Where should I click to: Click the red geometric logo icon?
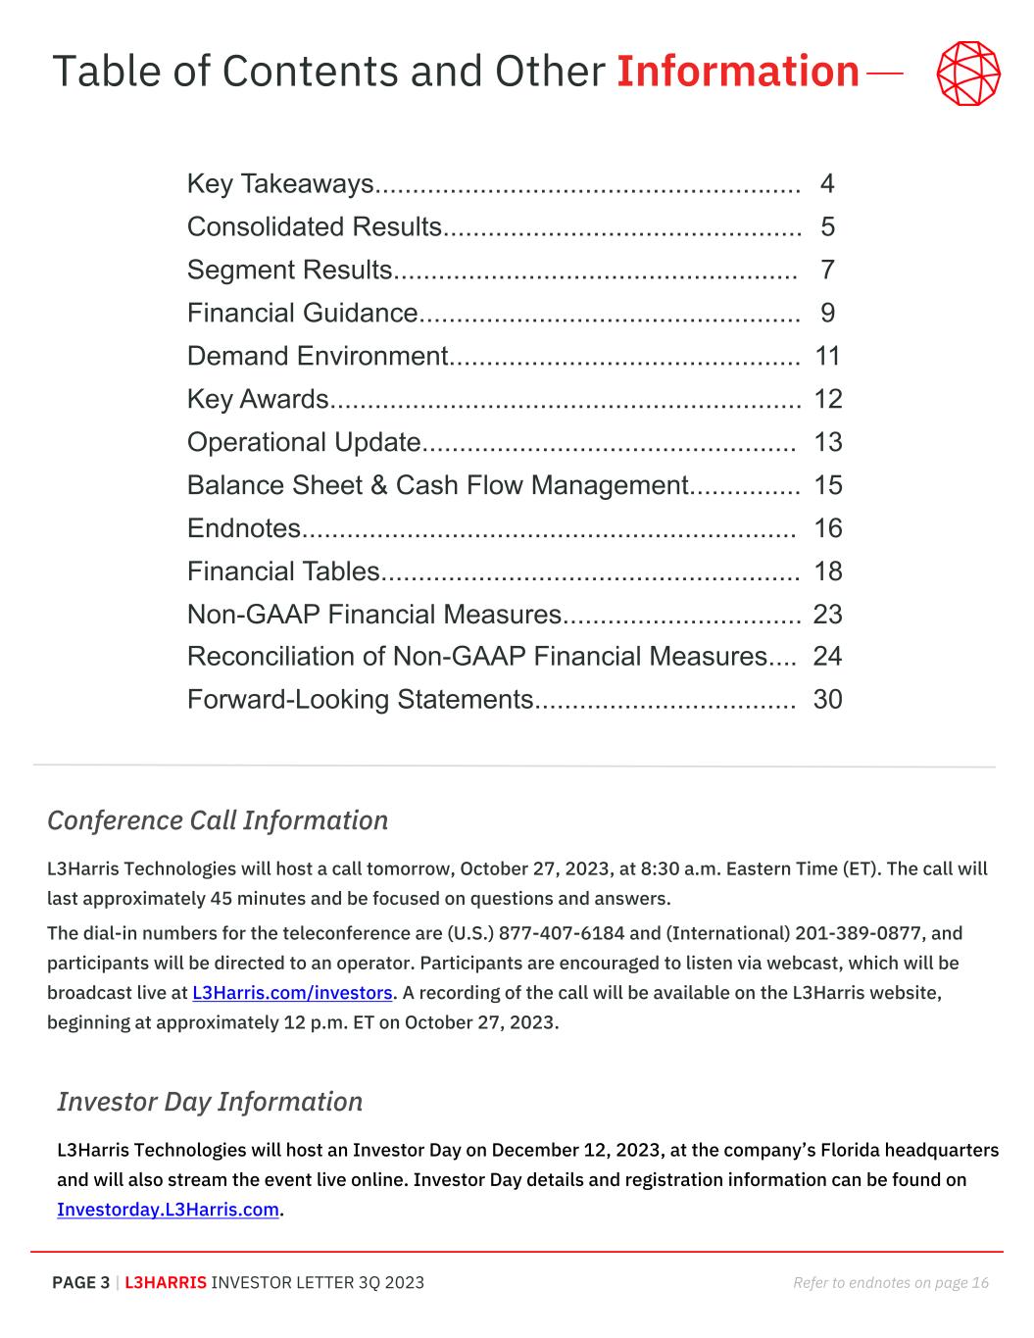click(968, 74)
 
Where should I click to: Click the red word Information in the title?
click(737, 72)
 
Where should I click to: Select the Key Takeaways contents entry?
click(280, 184)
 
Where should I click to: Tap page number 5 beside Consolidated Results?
click(828, 227)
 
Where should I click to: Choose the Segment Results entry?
click(289, 271)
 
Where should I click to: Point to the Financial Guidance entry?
click(302, 314)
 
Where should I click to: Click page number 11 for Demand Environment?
click(827, 357)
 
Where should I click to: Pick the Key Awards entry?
click(258, 400)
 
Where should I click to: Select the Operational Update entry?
click(304, 443)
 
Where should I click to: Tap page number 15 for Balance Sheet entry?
click(827, 486)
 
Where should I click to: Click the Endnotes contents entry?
click(243, 529)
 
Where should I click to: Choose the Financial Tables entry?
click(283, 572)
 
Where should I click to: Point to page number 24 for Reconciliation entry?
click(827, 657)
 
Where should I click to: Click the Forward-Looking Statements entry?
click(360, 700)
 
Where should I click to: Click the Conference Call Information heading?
click(218, 820)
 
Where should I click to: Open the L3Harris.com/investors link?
click(292, 993)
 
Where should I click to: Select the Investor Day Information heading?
click(210, 1102)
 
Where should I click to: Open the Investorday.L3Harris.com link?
click(168, 1210)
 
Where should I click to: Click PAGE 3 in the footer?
click(80, 1283)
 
